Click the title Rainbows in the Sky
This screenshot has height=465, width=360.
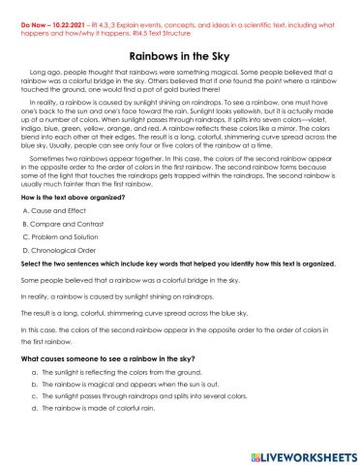click(x=179, y=56)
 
